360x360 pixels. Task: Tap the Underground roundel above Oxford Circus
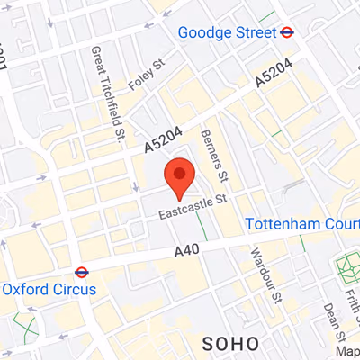tap(80, 270)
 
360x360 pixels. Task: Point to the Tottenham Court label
tap(301, 224)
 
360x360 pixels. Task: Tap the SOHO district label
tap(231, 343)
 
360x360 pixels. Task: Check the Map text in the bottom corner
tap(347, 351)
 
